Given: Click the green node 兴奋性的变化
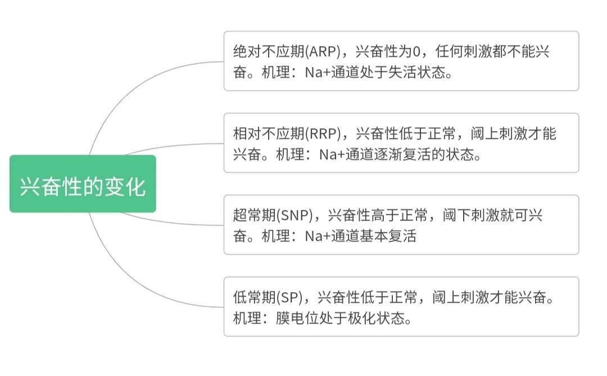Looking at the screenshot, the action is pos(83,183).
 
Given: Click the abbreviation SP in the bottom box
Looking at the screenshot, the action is pos(291,298).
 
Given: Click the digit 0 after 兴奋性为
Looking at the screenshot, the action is pos(416,52).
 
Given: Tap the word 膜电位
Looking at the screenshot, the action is pos(297,318).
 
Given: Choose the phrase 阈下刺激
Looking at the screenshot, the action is pos(471,216).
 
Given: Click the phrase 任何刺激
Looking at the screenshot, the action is pos(463,51).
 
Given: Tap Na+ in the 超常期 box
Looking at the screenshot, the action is pos(318,236).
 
